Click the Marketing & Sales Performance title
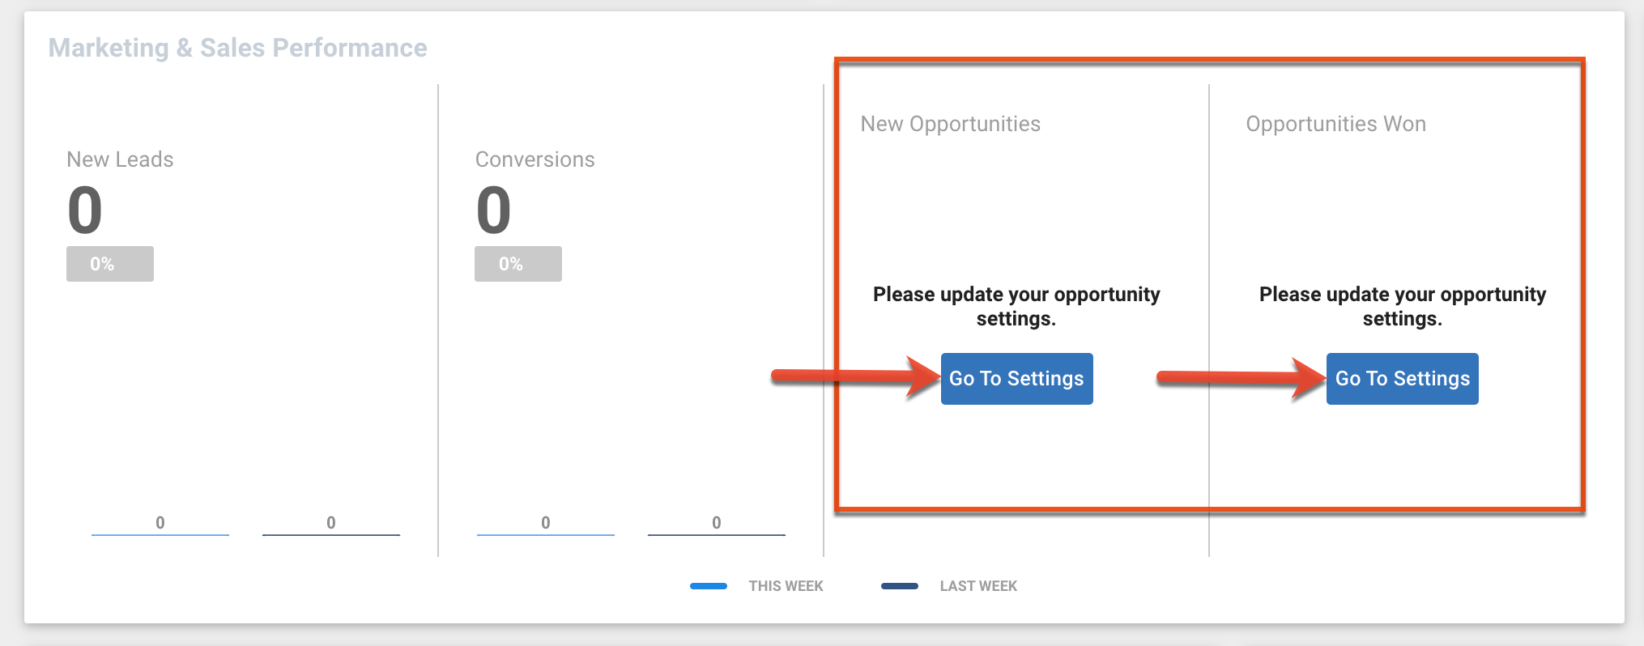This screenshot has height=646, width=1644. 237,48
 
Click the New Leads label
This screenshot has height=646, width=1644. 120,159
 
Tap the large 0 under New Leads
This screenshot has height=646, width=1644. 85,210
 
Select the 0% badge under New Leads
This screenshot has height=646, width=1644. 110,264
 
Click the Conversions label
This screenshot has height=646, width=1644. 535,159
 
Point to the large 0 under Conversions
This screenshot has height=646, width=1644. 493,210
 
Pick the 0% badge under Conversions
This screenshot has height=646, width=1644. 518,264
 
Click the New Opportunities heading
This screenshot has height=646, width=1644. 950,124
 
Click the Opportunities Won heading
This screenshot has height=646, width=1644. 1335,124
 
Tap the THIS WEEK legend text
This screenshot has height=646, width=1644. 786,586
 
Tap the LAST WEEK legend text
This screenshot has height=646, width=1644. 978,586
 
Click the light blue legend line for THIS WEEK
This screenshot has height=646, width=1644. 709,586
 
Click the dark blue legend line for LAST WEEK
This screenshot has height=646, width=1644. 900,586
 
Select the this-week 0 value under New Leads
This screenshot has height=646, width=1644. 160,523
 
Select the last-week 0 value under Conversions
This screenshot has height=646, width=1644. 717,523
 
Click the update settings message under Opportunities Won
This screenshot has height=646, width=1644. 1402,306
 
